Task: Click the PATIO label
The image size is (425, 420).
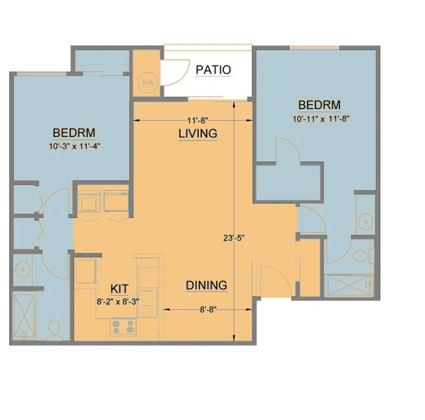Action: tap(213, 70)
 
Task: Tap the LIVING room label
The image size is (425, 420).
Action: tap(198, 133)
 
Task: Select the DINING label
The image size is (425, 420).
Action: tap(207, 285)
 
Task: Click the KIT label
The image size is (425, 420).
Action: tap(119, 289)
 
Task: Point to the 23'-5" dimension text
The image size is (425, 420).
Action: tap(234, 238)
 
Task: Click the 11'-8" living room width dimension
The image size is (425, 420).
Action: tap(198, 120)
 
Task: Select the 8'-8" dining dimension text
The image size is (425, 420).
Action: tap(208, 309)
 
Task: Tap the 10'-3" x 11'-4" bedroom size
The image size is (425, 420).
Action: tap(75, 146)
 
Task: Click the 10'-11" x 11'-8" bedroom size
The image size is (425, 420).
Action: tap(321, 119)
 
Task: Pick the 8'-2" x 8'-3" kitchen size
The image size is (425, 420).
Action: tap(118, 301)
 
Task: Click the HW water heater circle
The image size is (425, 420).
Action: tap(148, 82)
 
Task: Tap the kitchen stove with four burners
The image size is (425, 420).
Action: tap(123, 327)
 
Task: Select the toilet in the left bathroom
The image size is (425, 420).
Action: tap(54, 330)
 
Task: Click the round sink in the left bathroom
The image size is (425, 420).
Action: tap(23, 269)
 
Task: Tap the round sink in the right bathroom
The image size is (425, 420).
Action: tap(365, 222)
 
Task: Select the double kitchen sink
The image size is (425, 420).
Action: tap(148, 303)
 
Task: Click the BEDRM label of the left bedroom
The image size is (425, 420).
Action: tap(74, 133)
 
